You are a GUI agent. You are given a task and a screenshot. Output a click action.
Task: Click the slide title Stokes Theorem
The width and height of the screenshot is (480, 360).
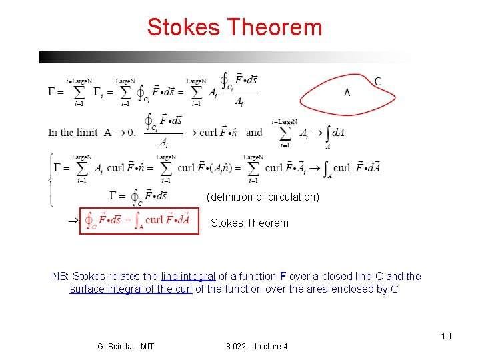point(235,27)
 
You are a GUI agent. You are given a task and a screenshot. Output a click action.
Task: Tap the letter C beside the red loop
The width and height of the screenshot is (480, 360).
point(378,81)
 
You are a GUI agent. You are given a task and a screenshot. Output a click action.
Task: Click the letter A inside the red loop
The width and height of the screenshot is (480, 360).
point(347,93)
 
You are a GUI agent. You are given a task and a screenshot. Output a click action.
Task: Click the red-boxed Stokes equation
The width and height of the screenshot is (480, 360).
point(139,219)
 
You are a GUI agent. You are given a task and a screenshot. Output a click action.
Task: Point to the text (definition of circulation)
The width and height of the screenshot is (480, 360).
point(263,197)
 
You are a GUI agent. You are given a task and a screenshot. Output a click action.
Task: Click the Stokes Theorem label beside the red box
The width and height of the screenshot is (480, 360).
point(249,223)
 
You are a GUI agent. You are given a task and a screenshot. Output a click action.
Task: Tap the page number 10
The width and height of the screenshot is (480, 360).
point(446,335)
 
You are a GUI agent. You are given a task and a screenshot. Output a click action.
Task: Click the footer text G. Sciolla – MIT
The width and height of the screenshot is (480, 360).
point(125,346)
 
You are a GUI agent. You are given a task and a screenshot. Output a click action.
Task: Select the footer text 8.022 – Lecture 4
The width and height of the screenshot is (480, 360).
point(257,346)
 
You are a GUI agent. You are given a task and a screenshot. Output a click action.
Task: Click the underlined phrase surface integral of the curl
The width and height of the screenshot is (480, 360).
point(131,289)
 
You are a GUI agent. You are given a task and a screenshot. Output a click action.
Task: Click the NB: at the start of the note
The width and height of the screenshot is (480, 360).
point(60,276)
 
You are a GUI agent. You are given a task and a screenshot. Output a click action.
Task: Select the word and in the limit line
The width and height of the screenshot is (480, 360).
point(254,132)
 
